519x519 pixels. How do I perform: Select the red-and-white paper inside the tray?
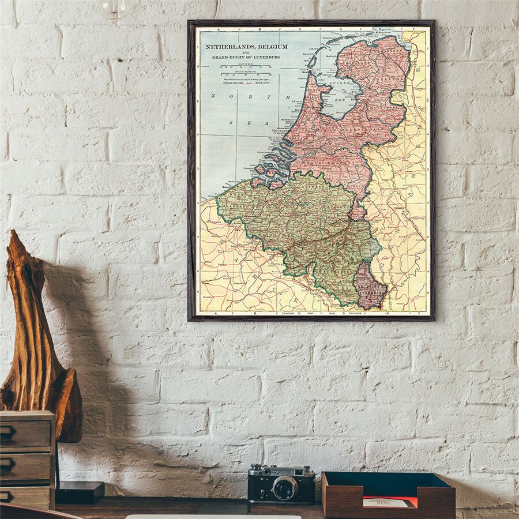(x=390, y=502)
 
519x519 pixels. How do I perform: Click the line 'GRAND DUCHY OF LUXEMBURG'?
(x=246, y=58)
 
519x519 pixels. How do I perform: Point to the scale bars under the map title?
(x=248, y=73)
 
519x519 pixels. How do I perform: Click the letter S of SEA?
(x=232, y=123)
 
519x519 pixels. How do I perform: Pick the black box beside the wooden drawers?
(x=79, y=491)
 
